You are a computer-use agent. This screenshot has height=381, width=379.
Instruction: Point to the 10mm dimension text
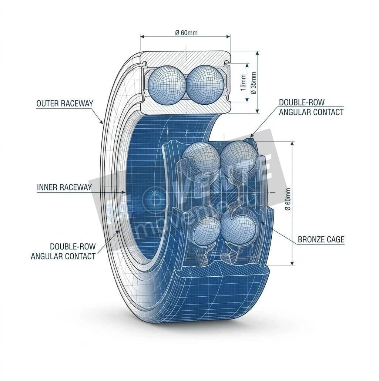click(243, 82)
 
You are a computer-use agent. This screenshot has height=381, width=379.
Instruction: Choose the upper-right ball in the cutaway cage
click(238, 156)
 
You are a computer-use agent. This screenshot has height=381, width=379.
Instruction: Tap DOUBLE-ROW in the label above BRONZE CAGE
click(301, 103)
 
